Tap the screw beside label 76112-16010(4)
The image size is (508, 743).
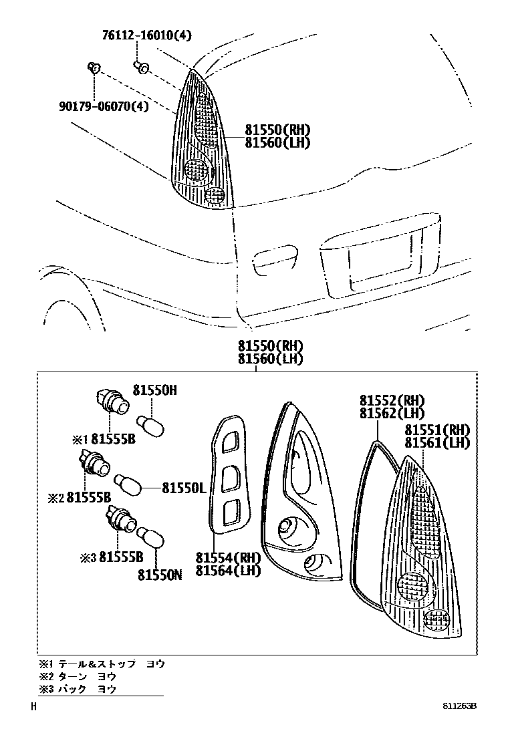click(142, 66)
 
